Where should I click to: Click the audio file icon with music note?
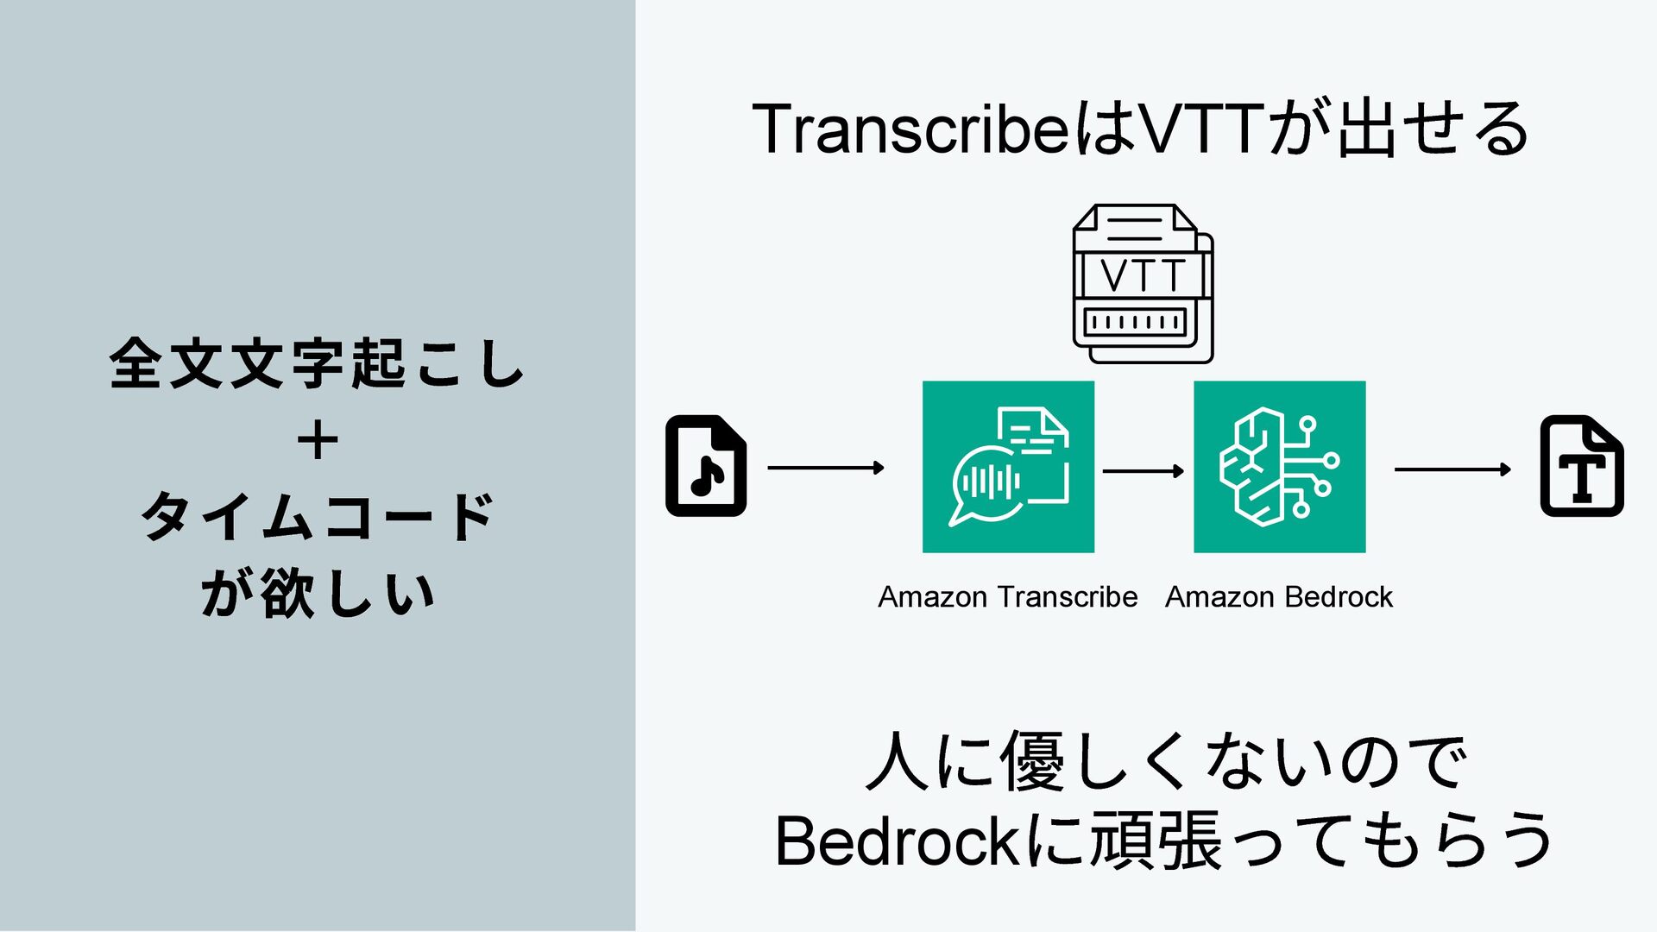pyautogui.click(x=706, y=466)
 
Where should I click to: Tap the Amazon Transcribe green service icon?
pyautogui.click(x=1008, y=467)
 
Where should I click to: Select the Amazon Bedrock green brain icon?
pyautogui.click(x=1279, y=467)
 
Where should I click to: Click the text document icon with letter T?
pyautogui.click(x=1581, y=466)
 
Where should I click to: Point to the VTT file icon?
pyautogui.click(x=1143, y=284)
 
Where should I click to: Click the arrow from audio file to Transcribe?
pyautogui.click(x=825, y=468)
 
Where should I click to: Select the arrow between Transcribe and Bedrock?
pyautogui.click(x=1143, y=470)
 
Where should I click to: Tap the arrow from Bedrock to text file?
pyautogui.click(x=1452, y=469)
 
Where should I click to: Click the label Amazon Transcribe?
pyautogui.click(x=1007, y=596)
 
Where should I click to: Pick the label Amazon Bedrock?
pyautogui.click(x=1278, y=596)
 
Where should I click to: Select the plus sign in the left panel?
pyautogui.click(x=317, y=441)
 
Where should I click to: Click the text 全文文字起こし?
pyautogui.click(x=317, y=363)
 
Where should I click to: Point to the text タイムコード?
pyautogui.click(x=317, y=517)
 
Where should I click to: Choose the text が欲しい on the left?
pyautogui.click(x=317, y=594)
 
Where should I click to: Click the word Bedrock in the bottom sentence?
pyautogui.click(x=898, y=841)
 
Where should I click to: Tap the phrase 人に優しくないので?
pyautogui.click(x=1165, y=761)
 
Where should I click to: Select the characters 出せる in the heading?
pyautogui.click(x=1433, y=129)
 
